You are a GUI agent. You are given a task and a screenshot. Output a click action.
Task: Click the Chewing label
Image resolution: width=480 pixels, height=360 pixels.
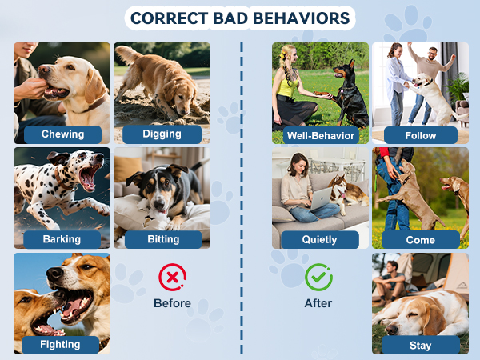click(62, 134)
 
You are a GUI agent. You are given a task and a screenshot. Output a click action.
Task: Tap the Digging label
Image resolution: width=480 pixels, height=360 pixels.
click(162, 134)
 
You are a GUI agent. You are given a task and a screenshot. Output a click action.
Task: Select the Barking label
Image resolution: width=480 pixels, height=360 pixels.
click(62, 238)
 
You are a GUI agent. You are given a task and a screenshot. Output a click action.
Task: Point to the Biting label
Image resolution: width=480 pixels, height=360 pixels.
click(162, 238)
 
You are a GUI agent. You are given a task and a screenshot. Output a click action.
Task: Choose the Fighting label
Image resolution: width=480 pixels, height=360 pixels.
click(62, 344)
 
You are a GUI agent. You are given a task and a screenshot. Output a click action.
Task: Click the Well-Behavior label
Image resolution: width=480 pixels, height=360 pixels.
click(320, 134)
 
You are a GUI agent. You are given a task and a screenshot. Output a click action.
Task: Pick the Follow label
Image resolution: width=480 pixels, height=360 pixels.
click(420, 134)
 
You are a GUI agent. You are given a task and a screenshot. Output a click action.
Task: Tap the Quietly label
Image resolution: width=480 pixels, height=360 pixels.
click(320, 239)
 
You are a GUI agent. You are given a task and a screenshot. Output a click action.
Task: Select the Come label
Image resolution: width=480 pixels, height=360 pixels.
click(420, 239)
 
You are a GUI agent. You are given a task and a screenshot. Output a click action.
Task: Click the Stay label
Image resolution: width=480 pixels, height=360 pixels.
click(420, 345)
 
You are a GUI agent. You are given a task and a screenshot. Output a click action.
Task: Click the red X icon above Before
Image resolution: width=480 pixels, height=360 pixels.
click(172, 278)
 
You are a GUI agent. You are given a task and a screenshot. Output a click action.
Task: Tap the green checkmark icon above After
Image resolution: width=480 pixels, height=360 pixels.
click(318, 278)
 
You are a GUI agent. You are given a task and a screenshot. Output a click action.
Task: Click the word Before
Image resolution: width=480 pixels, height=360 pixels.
click(172, 303)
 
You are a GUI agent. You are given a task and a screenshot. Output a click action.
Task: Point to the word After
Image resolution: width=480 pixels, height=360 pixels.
click(318, 303)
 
